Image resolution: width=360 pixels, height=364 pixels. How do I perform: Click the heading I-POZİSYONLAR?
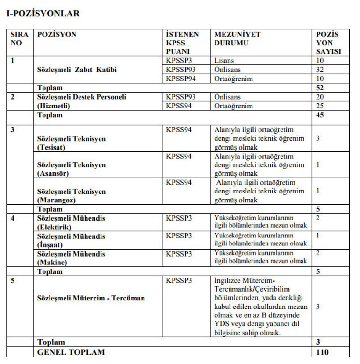[x=43, y=14]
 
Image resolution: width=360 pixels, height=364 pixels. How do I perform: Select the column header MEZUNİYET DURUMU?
[x=237, y=39]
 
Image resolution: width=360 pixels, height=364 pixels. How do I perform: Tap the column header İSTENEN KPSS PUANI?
[x=182, y=43]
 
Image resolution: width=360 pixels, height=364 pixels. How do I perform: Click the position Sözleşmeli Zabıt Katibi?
[x=77, y=70]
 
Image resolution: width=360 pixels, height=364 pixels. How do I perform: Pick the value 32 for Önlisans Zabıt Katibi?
[x=320, y=70]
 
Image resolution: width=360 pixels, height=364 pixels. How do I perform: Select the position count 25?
[x=320, y=106]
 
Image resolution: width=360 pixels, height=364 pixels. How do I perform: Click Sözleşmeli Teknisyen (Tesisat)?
[x=71, y=143]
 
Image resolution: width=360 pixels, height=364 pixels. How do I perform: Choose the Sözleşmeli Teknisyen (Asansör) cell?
[x=71, y=169]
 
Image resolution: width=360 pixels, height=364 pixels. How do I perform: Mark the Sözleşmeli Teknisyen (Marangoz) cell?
[x=71, y=196]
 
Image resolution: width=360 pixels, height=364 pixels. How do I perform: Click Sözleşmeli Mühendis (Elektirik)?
[x=71, y=222]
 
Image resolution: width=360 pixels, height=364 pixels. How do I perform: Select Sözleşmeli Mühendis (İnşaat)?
[x=71, y=240]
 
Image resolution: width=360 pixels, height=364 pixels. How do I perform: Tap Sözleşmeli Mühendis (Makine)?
[x=71, y=258]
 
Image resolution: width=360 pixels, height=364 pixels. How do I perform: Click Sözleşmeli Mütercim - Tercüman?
[x=91, y=298]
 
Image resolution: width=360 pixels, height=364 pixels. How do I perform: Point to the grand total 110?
[x=322, y=352]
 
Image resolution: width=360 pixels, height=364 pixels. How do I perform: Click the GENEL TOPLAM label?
[x=71, y=352]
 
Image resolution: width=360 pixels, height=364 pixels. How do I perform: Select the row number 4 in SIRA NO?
[x=13, y=218]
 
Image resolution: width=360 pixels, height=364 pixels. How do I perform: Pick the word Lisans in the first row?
[x=224, y=61]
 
